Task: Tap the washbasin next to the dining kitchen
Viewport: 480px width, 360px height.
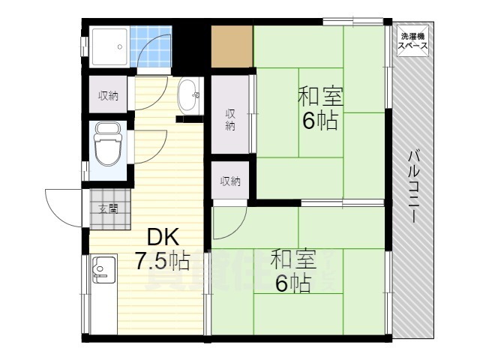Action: tap(190, 96)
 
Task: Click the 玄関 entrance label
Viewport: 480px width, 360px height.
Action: tap(108, 209)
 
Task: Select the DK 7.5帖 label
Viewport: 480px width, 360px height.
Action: tap(162, 250)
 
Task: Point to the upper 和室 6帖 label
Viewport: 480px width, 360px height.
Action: tap(320, 109)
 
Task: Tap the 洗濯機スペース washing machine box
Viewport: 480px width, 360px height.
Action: tap(413, 42)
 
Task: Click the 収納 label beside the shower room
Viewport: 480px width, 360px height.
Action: tap(108, 95)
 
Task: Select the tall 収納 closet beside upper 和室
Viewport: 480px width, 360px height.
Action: tap(231, 119)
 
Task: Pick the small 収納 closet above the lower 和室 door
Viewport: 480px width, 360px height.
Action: tap(230, 181)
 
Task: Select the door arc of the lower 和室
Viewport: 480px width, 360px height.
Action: tap(229, 220)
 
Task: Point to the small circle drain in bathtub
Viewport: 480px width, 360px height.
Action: tap(119, 46)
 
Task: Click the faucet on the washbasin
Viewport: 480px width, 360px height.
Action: tap(196, 95)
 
